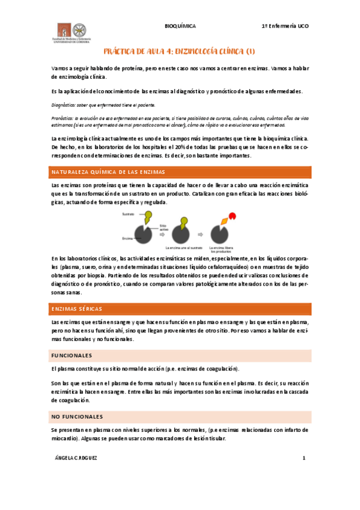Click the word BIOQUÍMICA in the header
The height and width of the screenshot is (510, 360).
point(180,27)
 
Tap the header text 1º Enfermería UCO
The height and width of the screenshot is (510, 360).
point(285,27)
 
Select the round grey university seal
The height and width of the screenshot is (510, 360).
point(78,30)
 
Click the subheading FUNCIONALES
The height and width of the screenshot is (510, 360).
point(72,355)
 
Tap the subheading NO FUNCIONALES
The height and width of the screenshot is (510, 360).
point(78,416)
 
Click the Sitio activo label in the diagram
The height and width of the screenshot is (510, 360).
point(163,228)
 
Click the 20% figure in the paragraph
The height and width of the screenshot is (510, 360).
point(180,146)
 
